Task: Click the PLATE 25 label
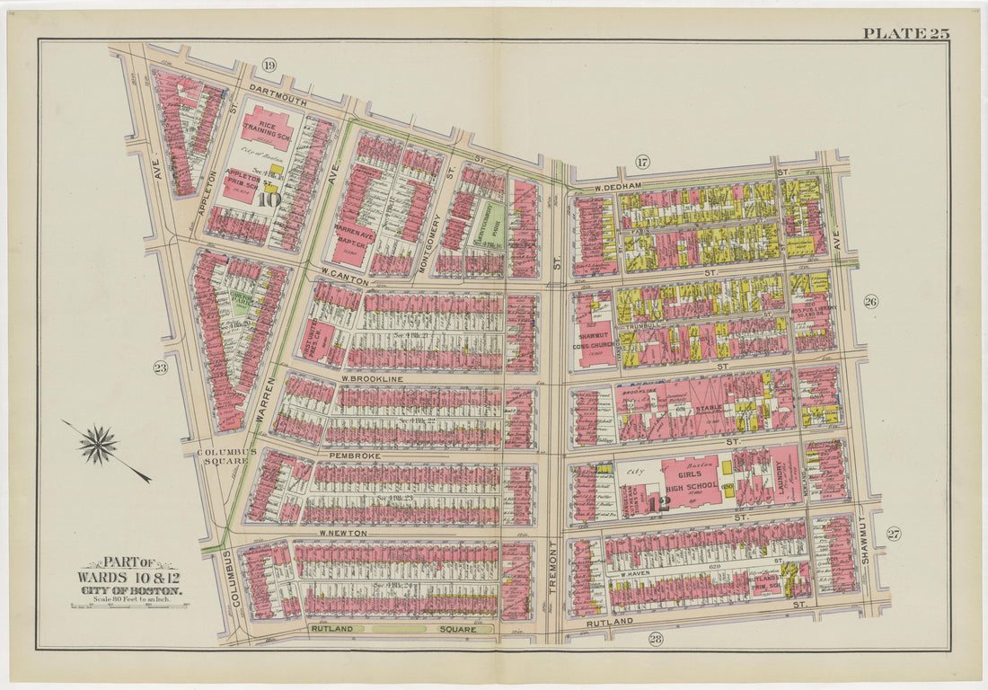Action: tap(905, 33)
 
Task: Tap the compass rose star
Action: tap(99, 445)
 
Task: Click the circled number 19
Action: tap(269, 64)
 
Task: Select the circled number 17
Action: tap(642, 162)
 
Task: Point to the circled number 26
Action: tap(870, 302)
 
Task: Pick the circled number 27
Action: tap(893, 534)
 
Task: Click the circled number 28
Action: tap(655, 639)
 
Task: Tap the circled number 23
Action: tap(160, 367)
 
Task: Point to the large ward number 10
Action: tap(268, 199)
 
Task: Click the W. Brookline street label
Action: tap(372, 379)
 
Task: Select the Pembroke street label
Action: tap(356, 456)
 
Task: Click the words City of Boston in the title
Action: tap(130, 589)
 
